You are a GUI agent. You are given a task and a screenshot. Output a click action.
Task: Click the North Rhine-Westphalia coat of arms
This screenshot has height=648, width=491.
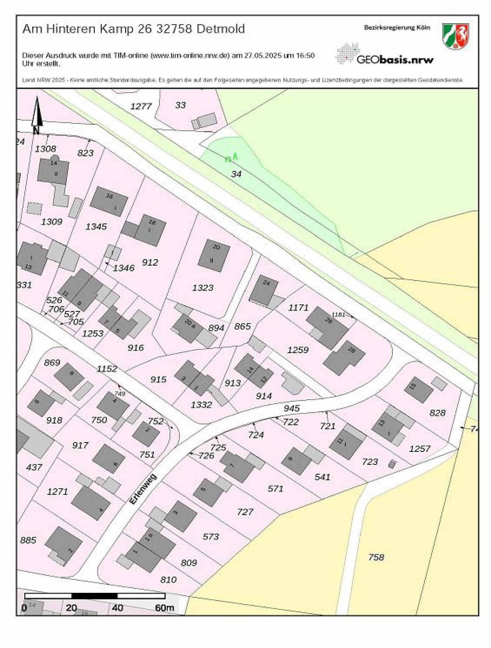tap(455, 37)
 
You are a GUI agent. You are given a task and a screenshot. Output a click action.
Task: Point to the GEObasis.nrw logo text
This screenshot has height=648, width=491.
tap(394, 60)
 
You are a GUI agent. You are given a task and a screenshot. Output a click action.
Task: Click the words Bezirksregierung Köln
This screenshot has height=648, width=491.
tap(397, 28)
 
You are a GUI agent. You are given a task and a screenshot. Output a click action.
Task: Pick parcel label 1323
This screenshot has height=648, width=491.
tap(202, 288)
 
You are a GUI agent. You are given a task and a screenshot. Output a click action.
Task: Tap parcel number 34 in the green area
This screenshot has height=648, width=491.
tap(236, 174)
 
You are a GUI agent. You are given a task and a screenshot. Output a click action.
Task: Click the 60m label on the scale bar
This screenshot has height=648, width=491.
tap(164, 608)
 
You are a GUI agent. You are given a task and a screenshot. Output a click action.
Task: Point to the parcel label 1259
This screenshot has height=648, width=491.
tap(298, 350)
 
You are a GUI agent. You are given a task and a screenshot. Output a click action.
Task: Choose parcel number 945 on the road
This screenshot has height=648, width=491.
tap(291, 408)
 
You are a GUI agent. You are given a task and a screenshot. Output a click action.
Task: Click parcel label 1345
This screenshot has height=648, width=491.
tap(96, 227)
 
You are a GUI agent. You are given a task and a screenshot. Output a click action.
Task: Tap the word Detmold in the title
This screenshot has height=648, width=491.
tap(220, 29)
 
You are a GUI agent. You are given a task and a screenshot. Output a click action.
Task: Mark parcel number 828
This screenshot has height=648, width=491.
tap(437, 413)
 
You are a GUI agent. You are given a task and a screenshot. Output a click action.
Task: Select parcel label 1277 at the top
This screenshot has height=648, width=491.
tap(141, 106)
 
